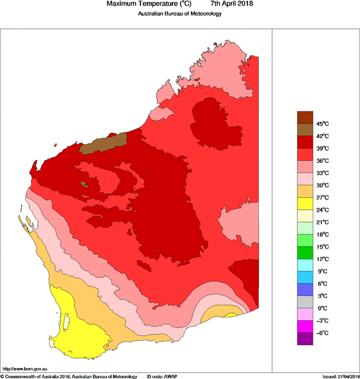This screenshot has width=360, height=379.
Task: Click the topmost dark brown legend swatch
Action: pyautogui.click(x=305, y=117)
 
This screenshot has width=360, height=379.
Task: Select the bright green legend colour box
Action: pyautogui.click(x=305, y=252)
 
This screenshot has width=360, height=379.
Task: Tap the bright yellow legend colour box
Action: pyautogui.click(x=305, y=204)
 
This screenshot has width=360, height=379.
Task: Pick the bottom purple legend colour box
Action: pyautogui.click(x=305, y=339)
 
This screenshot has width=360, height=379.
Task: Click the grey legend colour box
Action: pyautogui.click(x=305, y=302)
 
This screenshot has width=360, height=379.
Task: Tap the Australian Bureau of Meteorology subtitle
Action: pyautogui.click(x=179, y=14)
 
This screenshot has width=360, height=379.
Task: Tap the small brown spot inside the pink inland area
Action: pyautogui.click(x=85, y=185)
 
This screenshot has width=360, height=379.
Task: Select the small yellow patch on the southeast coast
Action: pyautogui.click(x=231, y=315)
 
